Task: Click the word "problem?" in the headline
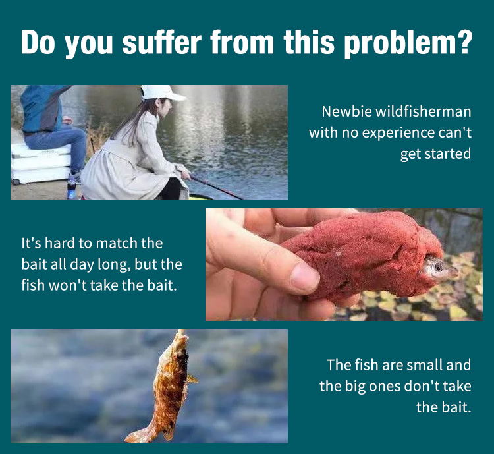[408, 43]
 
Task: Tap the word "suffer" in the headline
[161, 42]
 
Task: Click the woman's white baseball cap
[161, 93]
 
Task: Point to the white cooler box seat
[40, 164]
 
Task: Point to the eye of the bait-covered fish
[437, 268]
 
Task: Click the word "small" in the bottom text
[424, 365]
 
